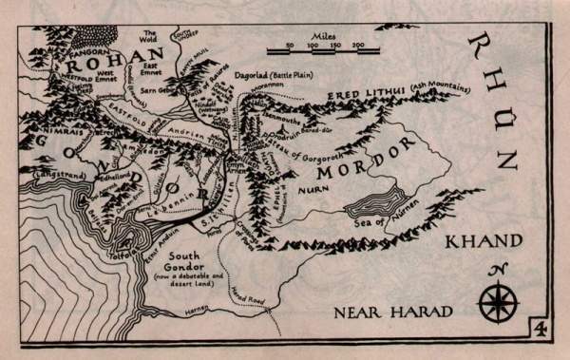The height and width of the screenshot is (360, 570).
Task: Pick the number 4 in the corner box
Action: click(x=539, y=329)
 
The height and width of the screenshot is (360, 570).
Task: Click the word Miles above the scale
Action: click(x=312, y=34)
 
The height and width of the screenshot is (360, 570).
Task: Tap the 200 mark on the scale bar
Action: click(x=358, y=45)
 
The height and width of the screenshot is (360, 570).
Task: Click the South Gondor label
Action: click(x=181, y=261)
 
